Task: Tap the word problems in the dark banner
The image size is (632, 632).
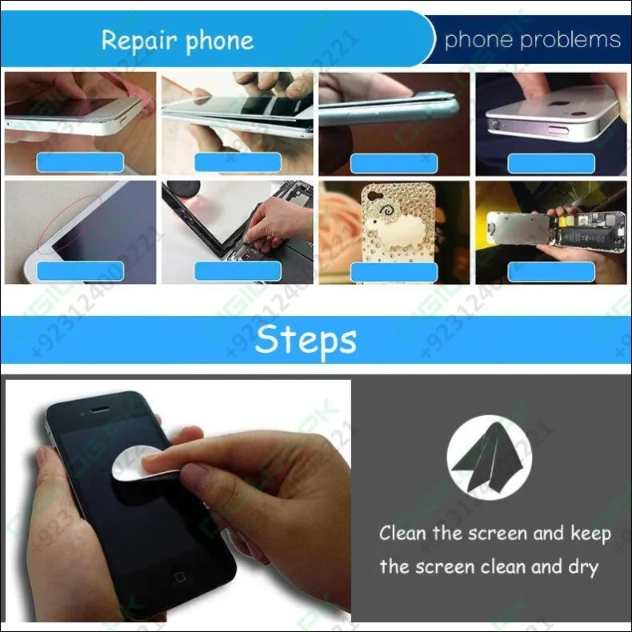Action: [575, 39]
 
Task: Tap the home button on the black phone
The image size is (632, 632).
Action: [180, 577]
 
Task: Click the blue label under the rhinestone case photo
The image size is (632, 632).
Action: [394, 271]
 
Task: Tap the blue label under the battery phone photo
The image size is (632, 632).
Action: [551, 271]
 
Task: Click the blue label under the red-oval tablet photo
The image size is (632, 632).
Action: [80, 271]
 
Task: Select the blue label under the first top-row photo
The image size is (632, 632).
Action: [80, 162]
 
